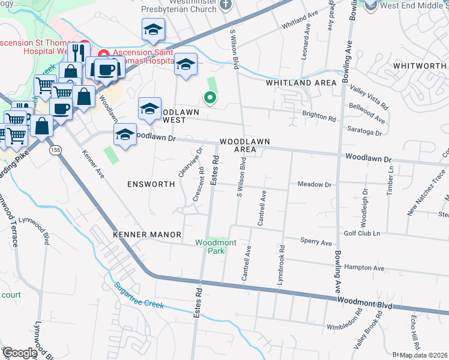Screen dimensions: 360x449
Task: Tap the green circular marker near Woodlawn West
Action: pos(209,98)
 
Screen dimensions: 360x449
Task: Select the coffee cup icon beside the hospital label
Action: pos(107,69)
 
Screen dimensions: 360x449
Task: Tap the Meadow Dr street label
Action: pos(315,185)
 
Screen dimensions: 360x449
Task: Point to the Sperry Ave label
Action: pos(316,243)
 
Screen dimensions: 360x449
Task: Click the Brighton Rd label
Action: pos(324,118)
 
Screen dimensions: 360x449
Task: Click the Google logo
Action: pos(19,353)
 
